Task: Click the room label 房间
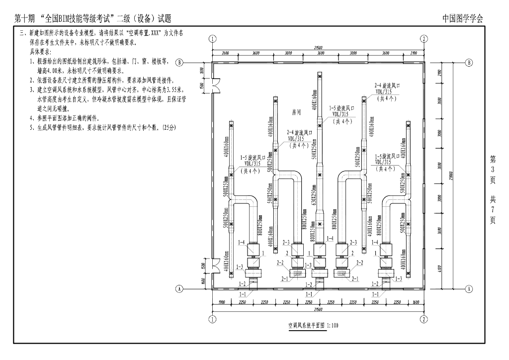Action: [297, 112]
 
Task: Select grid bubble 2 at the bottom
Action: [424, 319]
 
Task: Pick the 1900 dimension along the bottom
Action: [221, 302]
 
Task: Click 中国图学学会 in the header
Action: [463, 19]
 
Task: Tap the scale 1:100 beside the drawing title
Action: [332, 326]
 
